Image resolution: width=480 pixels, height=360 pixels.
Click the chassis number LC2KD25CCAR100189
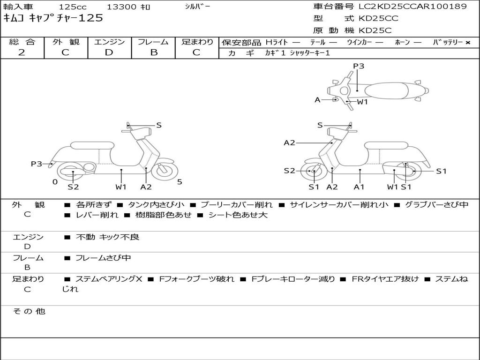click(412, 7)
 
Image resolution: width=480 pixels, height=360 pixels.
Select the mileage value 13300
click(122, 7)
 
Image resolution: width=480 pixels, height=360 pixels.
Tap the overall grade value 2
click(22, 52)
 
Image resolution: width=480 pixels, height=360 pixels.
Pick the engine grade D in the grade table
click(109, 52)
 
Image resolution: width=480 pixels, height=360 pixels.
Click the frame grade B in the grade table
click(153, 52)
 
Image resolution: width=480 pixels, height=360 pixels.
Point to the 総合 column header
click(22, 42)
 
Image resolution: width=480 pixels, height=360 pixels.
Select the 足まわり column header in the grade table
click(197, 42)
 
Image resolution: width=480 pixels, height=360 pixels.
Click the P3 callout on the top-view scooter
click(359, 66)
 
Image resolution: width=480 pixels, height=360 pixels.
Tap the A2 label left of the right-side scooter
click(289, 143)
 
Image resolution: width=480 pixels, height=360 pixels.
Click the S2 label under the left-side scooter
click(73, 187)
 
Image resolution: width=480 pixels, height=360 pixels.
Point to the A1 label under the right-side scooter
click(360, 187)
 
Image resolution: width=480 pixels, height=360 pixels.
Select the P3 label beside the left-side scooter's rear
click(37, 164)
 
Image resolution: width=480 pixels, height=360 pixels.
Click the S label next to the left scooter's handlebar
click(159, 125)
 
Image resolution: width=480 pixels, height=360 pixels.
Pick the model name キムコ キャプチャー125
click(53, 18)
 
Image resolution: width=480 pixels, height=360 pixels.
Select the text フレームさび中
click(103, 258)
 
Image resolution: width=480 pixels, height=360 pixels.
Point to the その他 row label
click(29, 311)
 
